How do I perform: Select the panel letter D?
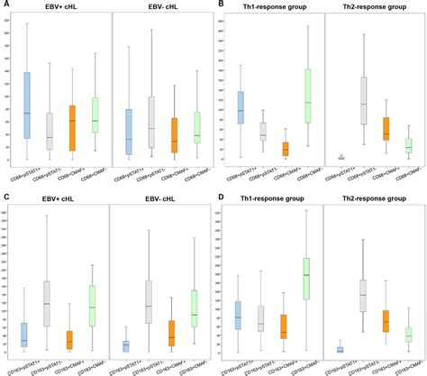tap(220, 195)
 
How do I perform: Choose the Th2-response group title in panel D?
tap(370, 197)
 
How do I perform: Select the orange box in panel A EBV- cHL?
tap(173, 134)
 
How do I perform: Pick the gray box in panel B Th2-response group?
tap(364, 100)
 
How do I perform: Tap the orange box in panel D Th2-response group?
tap(386, 321)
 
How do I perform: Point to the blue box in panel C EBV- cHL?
tap(125, 346)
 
